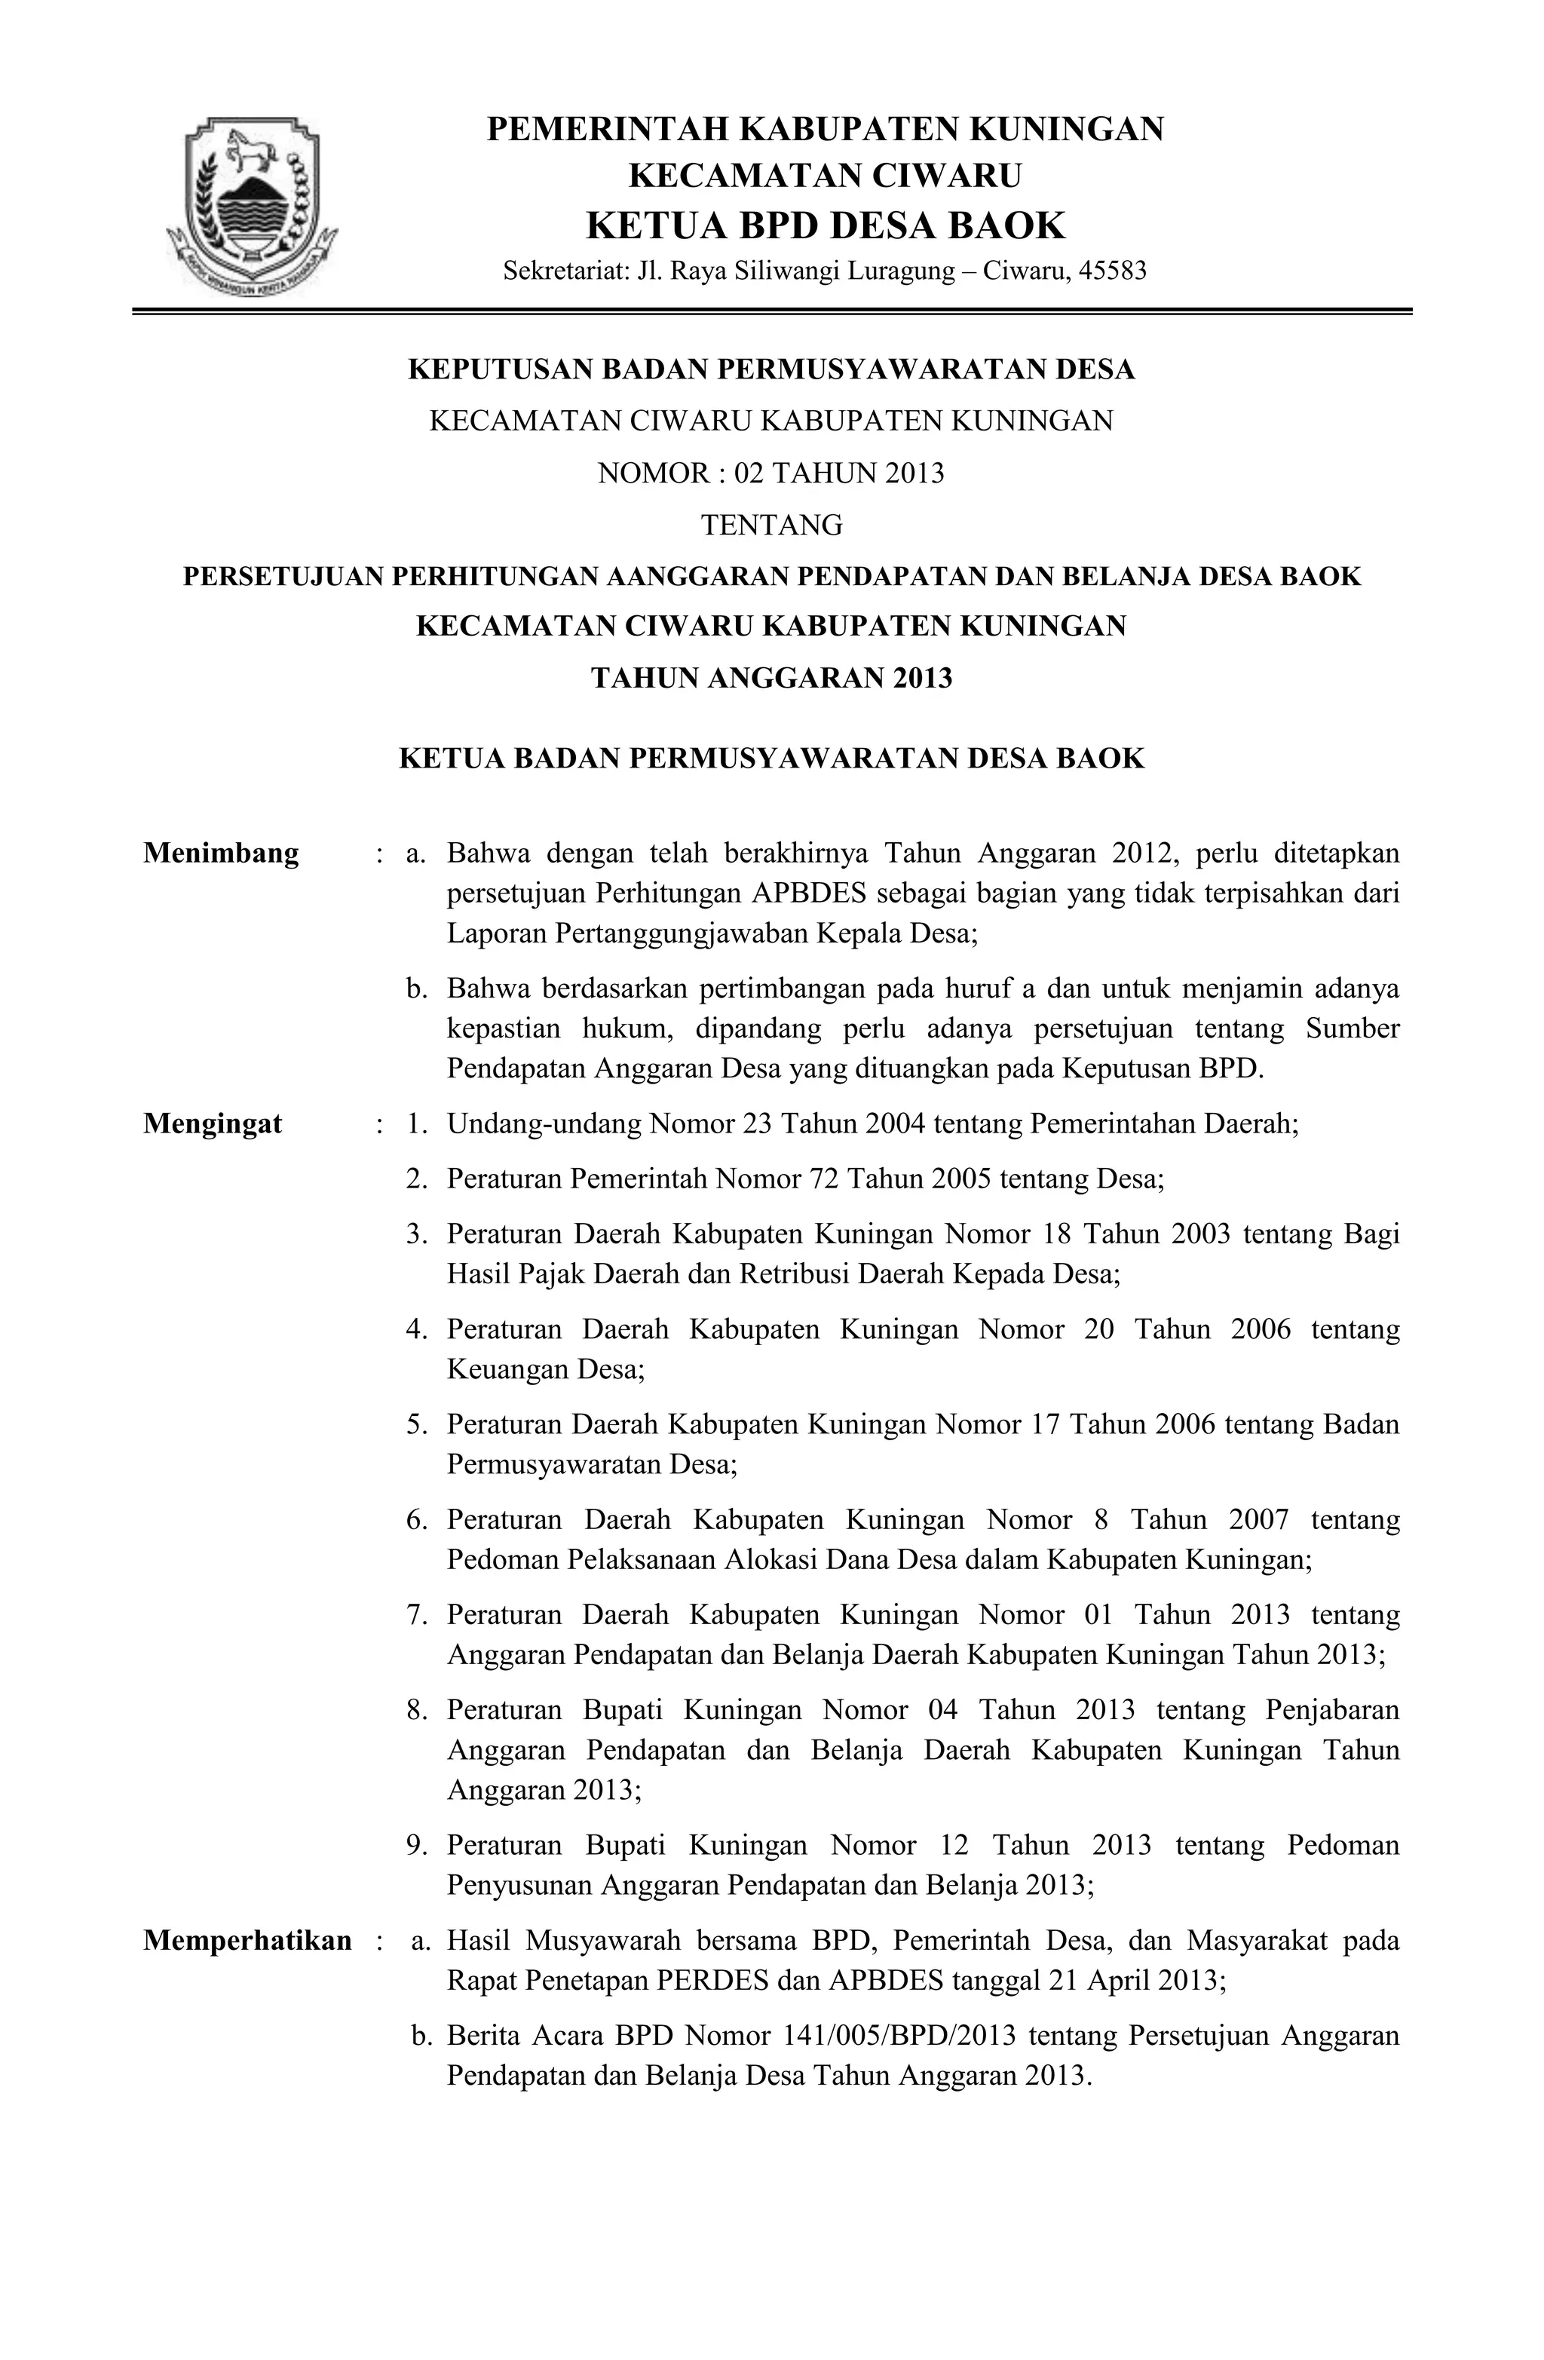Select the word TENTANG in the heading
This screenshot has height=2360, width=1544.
tap(771, 525)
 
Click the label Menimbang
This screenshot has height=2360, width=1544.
tap(221, 854)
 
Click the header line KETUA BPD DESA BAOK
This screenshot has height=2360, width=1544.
tap(825, 226)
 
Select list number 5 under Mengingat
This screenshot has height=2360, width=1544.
tap(415, 1425)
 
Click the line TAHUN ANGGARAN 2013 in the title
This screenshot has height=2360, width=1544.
tap(771, 679)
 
